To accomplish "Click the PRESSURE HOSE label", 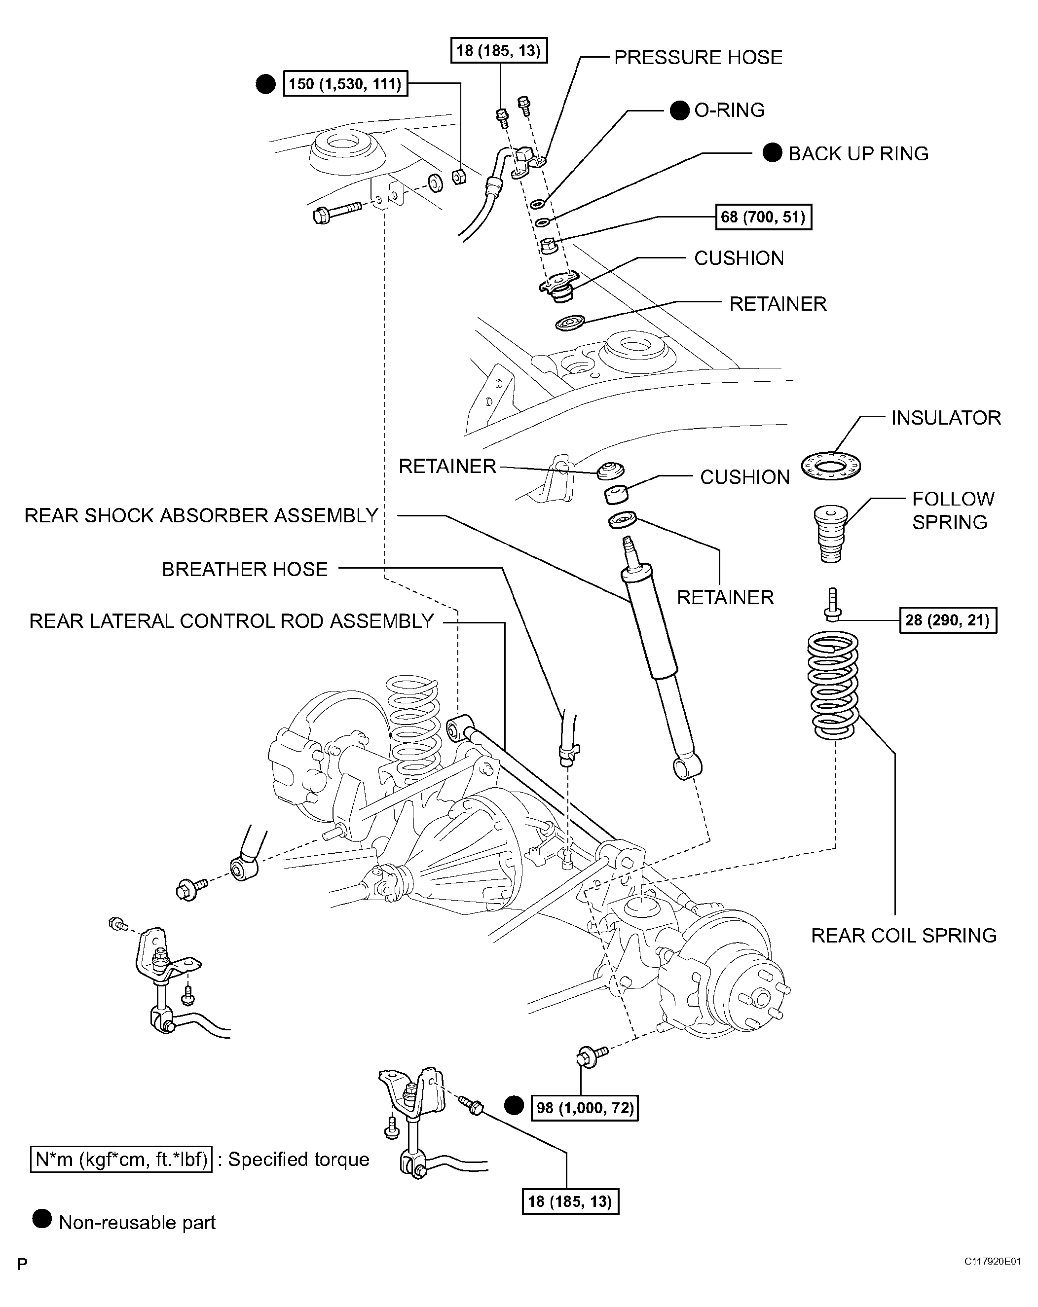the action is pos(698,58).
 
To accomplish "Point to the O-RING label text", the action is pos(729,110).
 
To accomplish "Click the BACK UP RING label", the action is pos(858,154).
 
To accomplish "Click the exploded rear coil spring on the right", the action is pos(834,685).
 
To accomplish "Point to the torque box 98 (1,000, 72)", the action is pos(585,1108).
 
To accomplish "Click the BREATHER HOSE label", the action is pos(244,569).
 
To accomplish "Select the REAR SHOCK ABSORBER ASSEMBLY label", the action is pos(201,515).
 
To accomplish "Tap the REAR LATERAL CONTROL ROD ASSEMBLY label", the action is pos(231,621).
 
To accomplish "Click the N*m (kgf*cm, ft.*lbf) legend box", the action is pos(121,1160).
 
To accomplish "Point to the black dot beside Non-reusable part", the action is pos(42,1219).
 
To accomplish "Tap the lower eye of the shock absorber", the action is pos(688,767).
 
